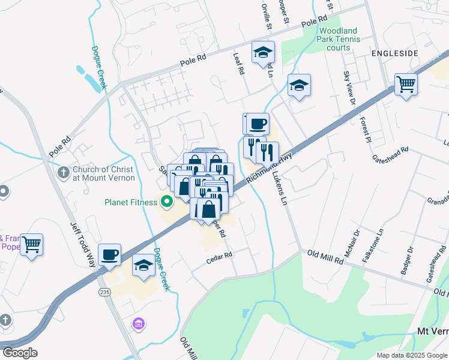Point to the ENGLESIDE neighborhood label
click(394, 53)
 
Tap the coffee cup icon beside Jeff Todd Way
click(109, 254)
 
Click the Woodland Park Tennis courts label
click(339, 39)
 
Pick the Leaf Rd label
click(240, 63)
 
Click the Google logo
click(20, 353)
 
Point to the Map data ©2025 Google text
click(412, 355)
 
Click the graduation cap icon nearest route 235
click(144, 266)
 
